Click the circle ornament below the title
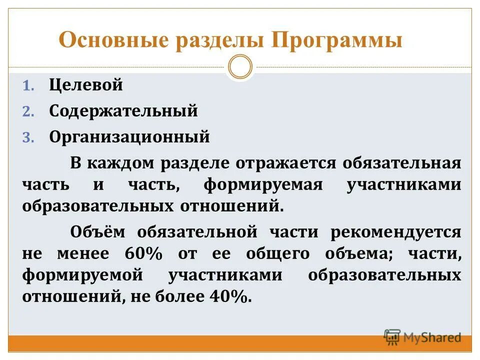pyautogui.click(x=240, y=66)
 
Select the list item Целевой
pyautogui.click(x=86, y=85)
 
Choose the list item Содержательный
pyautogui.click(x=123, y=111)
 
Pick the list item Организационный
pyautogui.click(x=129, y=137)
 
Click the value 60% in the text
pyautogui.click(x=144, y=253)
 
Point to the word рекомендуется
pyautogui.click(x=395, y=231)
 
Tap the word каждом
pyautogui.click(x=121, y=163)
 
